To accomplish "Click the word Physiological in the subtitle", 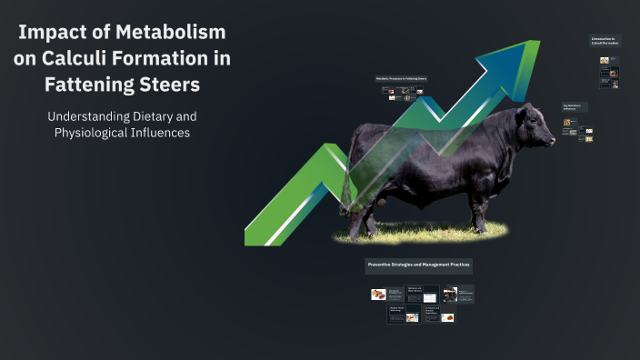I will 91,134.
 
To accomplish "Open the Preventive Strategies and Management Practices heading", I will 418,265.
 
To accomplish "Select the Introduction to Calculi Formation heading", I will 604,42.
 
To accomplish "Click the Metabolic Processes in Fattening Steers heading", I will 401,78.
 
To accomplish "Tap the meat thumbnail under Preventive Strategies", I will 378,295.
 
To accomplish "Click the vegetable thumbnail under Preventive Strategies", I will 412,317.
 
